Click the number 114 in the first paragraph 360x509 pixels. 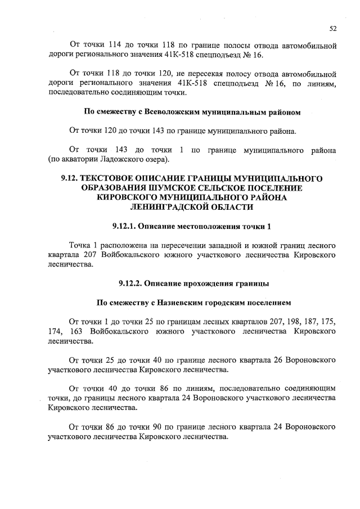coord(112,45)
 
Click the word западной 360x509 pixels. coord(220,246)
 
